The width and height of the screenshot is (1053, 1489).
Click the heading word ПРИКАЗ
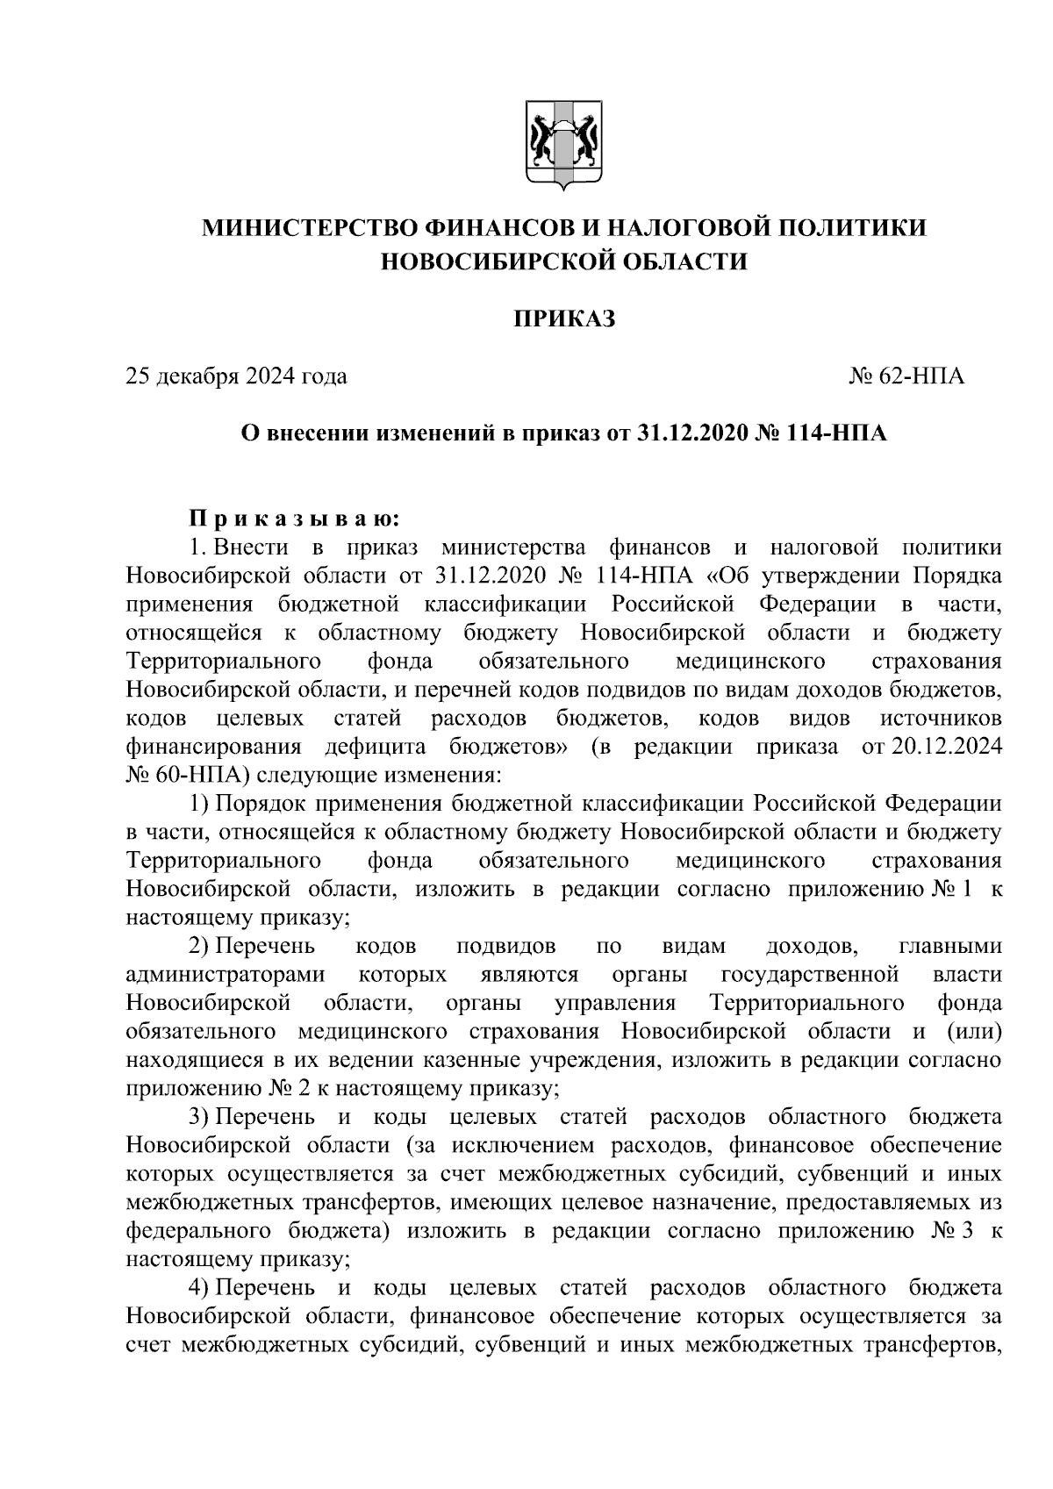(x=563, y=319)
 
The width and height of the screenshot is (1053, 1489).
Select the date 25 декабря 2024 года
(x=237, y=377)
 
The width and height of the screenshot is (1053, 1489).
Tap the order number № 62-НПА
(x=906, y=377)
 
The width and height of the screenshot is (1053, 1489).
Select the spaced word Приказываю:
(x=296, y=519)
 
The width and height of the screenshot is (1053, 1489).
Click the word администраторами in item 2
(x=226, y=975)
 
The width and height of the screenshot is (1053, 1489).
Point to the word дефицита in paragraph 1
(x=376, y=747)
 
